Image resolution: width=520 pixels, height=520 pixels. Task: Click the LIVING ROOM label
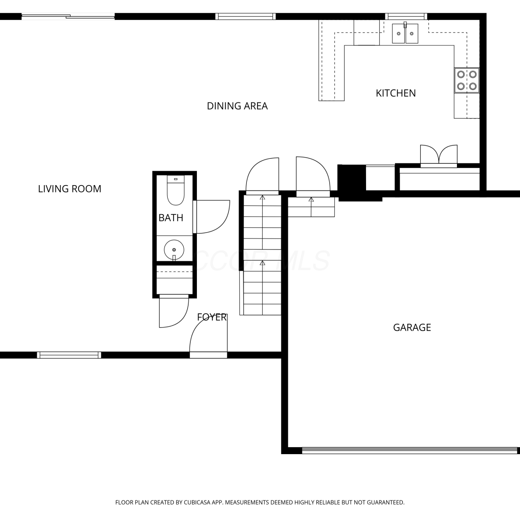pos(70,189)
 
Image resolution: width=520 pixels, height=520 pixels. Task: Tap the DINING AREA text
pos(237,106)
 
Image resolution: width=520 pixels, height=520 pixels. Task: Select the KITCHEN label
pos(396,93)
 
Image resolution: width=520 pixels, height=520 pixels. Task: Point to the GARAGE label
pos(412,328)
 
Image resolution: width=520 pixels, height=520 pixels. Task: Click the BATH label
pos(171,218)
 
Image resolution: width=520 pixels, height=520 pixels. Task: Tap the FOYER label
pos(212,317)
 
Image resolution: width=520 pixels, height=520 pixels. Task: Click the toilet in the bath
pos(176,190)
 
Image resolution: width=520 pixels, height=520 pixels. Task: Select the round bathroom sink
pos(174,250)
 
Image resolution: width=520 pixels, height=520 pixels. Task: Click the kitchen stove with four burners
pos(467,80)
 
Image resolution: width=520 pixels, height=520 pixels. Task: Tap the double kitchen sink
pos(405,34)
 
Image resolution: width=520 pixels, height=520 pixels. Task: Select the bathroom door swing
pos(211,217)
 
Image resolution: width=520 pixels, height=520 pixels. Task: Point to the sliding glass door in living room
pos(68,16)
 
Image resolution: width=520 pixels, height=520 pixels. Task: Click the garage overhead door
pos(411,451)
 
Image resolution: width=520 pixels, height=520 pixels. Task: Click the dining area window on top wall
pos(245,16)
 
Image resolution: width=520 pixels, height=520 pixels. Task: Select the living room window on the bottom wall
pos(69,355)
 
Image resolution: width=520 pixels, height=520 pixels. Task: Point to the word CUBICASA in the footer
pos(198,502)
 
